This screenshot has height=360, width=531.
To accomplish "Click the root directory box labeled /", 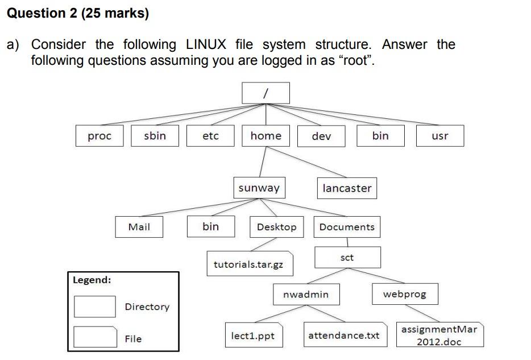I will click(x=265, y=93).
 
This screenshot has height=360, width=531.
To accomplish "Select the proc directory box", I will click(x=99, y=136).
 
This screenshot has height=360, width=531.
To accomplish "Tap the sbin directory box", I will click(x=155, y=136).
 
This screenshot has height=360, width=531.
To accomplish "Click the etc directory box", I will click(x=210, y=136).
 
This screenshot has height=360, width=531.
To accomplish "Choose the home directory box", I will click(x=265, y=136).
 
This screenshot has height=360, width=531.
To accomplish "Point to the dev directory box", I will click(x=321, y=136).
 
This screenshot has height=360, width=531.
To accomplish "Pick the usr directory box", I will click(x=439, y=136).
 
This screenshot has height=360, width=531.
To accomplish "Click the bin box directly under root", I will click(x=380, y=136).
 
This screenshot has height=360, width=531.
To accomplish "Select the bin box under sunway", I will click(x=210, y=226).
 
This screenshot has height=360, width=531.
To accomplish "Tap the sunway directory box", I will click(x=259, y=188).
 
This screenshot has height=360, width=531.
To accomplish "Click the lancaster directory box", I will click(x=346, y=188).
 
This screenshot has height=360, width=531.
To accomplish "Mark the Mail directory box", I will click(x=139, y=227).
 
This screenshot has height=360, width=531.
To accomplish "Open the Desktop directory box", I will click(x=276, y=227).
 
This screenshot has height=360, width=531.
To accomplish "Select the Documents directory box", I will click(x=347, y=227).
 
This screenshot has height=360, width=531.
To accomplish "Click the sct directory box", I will click(x=347, y=258).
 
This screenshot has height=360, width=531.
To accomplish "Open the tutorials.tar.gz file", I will click(x=249, y=264).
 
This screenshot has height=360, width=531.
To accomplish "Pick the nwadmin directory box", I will click(x=306, y=294).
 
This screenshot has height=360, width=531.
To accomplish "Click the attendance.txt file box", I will click(x=343, y=336).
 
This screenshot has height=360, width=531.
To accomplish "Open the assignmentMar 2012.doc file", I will click(x=439, y=336).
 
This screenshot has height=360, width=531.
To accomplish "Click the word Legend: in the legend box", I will click(x=92, y=280).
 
